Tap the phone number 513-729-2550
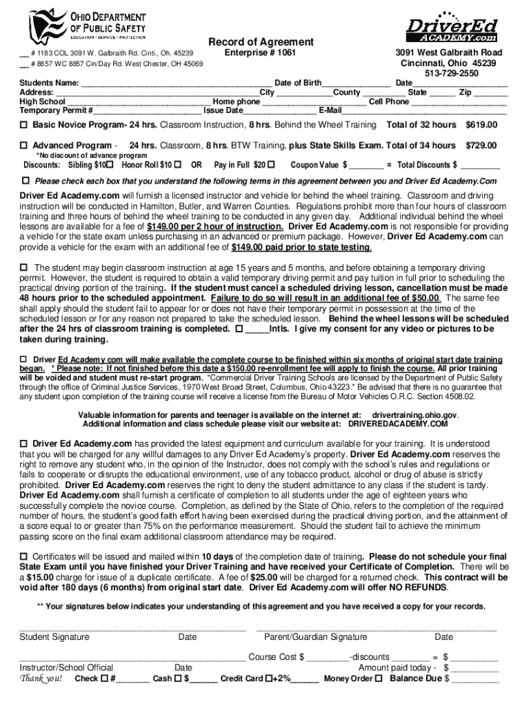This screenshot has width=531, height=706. click(x=452, y=73)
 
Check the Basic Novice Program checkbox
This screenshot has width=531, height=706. click(x=23, y=125)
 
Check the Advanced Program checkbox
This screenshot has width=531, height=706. click(x=23, y=145)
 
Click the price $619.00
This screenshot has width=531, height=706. click(x=482, y=125)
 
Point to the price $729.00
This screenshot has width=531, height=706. click(x=482, y=145)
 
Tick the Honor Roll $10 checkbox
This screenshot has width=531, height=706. click(x=179, y=165)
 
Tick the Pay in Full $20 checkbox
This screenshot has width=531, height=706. click(x=270, y=165)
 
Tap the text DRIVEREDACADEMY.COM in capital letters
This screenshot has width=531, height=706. click(x=397, y=424)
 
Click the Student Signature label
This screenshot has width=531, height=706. click(x=54, y=637)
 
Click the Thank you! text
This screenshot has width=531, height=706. click(x=41, y=678)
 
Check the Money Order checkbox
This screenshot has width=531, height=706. click(x=379, y=678)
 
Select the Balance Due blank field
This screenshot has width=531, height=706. click(x=474, y=678)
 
